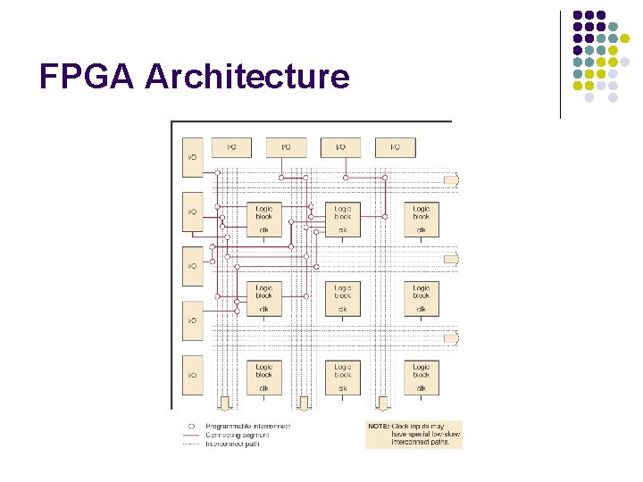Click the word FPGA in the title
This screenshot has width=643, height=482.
click(88, 77)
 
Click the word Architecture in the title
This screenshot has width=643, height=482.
click(247, 77)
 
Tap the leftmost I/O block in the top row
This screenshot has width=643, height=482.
click(231, 146)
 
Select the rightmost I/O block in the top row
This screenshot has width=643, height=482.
click(395, 146)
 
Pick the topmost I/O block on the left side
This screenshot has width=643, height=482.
click(193, 156)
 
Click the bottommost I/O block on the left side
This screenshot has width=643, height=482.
click(193, 375)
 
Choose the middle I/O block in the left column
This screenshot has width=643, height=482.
click(193, 266)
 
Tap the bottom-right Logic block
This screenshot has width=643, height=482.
click(421, 376)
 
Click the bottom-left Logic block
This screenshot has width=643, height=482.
click(264, 376)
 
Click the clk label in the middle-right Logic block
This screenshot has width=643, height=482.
click(421, 309)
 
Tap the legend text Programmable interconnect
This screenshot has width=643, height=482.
click(247, 426)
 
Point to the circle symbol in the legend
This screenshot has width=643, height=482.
click(191, 426)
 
